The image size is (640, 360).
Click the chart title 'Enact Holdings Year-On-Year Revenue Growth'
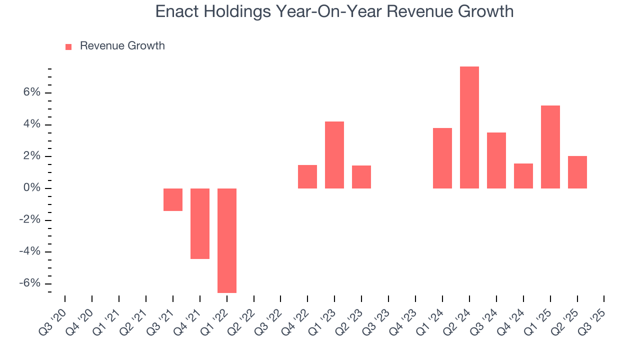click(x=334, y=11)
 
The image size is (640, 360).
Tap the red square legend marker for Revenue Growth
click(x=68, y=46)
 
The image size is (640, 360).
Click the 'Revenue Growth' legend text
click(x=122, y=46)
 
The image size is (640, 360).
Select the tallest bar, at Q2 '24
click(x=469, y=127)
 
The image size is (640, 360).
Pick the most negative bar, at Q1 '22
click(x=227, y=240)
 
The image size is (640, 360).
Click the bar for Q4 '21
click(x=200, y=223)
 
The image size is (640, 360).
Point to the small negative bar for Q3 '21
click(x=173, y=199)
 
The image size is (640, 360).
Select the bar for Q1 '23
click(x=334, y=155)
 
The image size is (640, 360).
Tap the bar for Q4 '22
click(x=307, y=176)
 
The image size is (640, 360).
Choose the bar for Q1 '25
click(x=550, y=147)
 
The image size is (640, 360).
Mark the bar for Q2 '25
click(x=577, y=172)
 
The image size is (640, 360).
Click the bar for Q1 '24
click(x=442, y=158)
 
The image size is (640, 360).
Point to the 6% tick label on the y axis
click(x=30, y=93)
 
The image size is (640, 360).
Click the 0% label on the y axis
click(x=30, y=188)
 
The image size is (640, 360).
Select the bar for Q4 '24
click(x=523, y=176)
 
